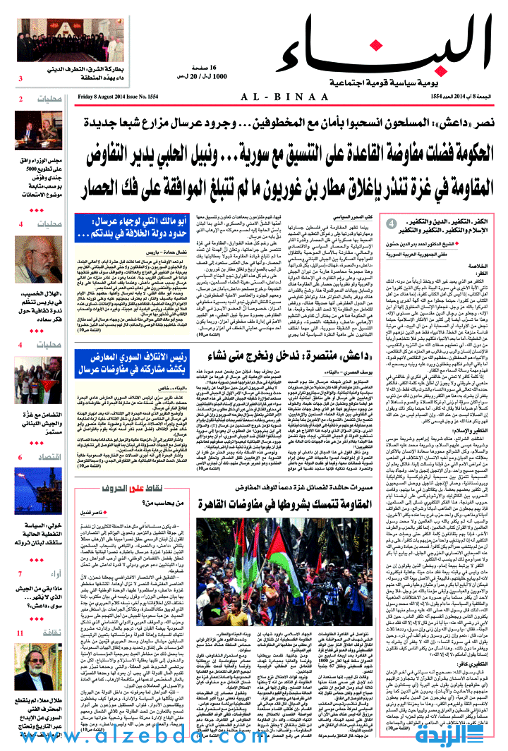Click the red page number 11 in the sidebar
tap(21, 634)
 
